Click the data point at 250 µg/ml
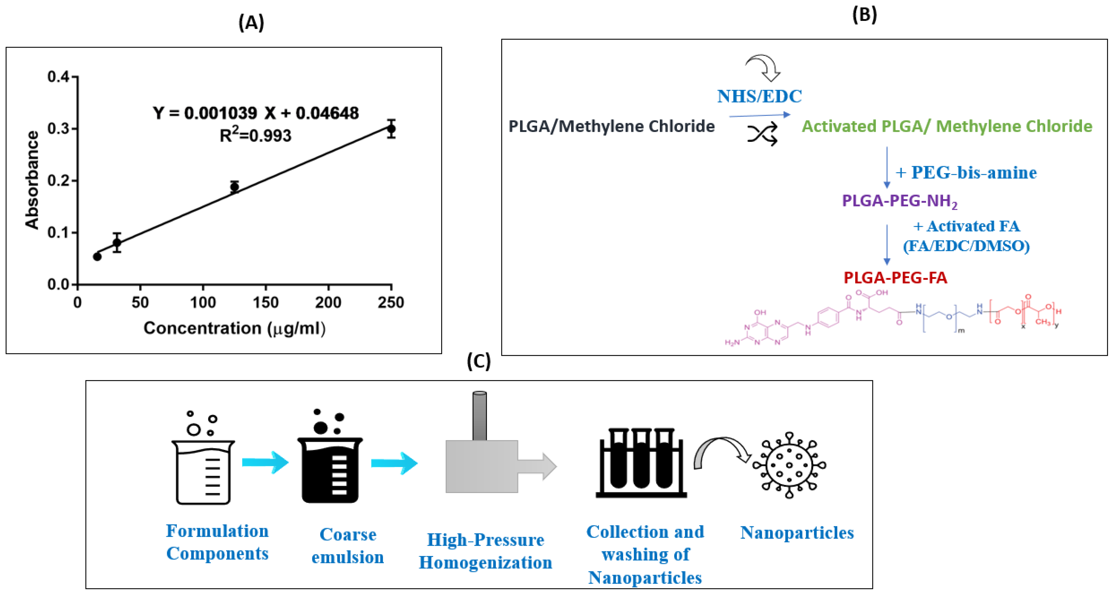tap(391, 129)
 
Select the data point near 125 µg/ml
tap(234, 187)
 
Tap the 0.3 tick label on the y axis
tap(58, 129)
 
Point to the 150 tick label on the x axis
tap(266, 303)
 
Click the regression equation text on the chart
tap(256, 113)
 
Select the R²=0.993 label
tap(256, 135)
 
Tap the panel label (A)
tap(251, 22)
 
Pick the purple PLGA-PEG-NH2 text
tap(900, 201)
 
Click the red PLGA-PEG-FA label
tap(895, 277)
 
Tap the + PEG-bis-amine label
tap(966, 173)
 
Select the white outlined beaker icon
tap(203, 470)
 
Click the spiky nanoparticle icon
tap(789, 465)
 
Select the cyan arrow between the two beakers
tap(265, 462)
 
